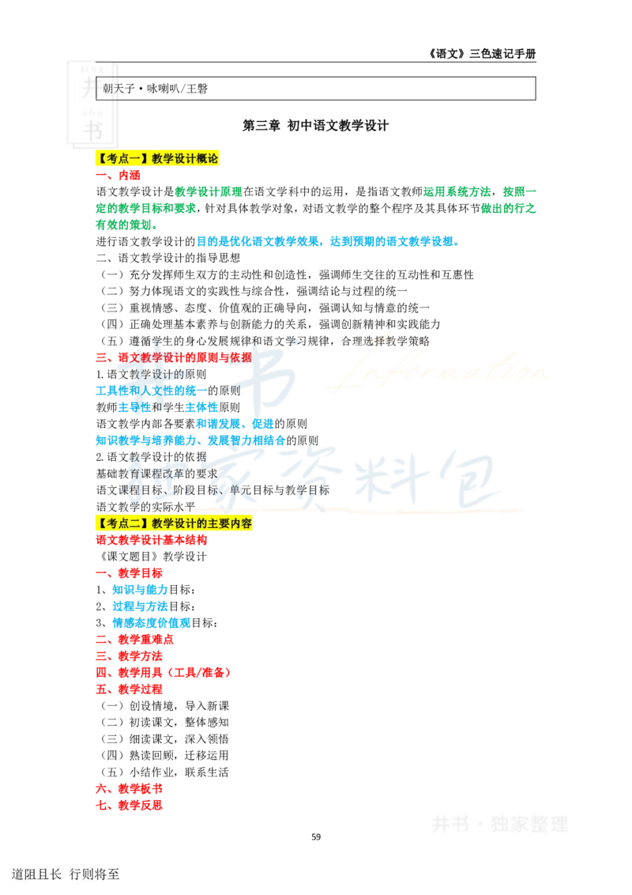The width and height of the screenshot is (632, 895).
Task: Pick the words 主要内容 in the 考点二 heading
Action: pos(229,523)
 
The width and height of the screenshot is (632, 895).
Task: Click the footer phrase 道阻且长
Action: pos(36,874)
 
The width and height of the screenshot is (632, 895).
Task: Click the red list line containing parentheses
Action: pos(164,672)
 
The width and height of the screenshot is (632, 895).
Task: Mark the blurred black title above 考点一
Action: pos(316,123)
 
